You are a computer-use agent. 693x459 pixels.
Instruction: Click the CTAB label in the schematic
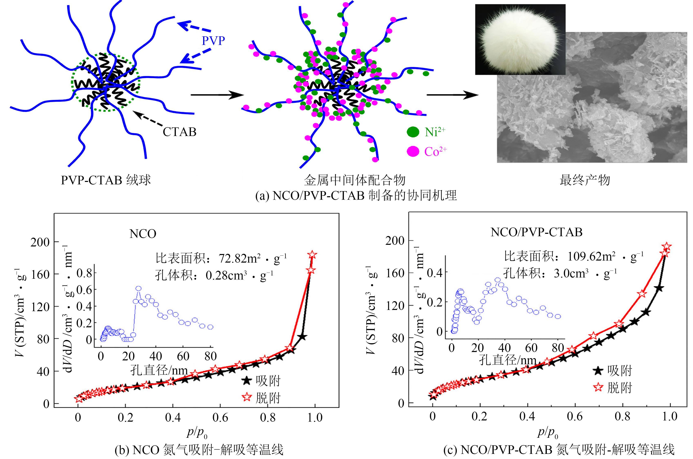(179, 132)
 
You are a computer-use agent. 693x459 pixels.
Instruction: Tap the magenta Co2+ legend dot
(413, 151)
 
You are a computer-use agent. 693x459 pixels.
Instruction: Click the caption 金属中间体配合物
(354, 180)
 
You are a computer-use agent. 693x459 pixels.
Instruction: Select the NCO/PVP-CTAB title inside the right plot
(536, 232)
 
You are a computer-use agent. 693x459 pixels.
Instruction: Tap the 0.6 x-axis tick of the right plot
(575, 416)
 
